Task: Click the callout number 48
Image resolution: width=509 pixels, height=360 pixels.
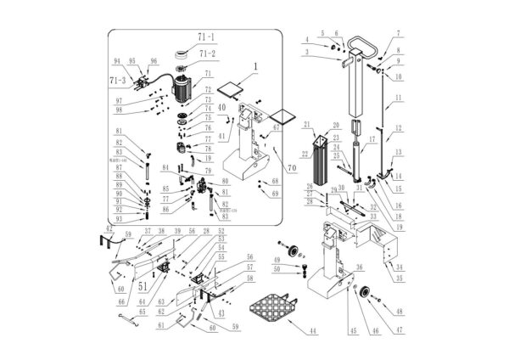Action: pyautogui.click(x=400, y=312)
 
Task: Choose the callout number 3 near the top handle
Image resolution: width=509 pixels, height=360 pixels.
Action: pyautogui.click(x=308, y=53)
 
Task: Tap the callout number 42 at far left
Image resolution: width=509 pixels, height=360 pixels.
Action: pyautogui.click(x=109, y=229)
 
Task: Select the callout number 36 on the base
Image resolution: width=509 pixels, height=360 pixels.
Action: pyautogui.click(x=359, y=267)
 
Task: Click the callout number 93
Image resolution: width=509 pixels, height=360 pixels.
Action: pyautogui.click(x=120, y=218)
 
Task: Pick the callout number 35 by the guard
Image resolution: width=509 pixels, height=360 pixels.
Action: pyautogui.click(x=400, y=278)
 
